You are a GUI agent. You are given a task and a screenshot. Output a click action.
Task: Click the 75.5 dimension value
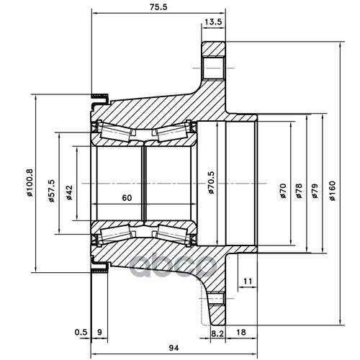[158, 7]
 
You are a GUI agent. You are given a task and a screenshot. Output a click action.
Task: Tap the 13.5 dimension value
[213, 22]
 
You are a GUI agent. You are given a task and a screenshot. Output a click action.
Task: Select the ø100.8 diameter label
[30, 183]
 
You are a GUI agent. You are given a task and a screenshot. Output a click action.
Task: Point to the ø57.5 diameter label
[51, 191]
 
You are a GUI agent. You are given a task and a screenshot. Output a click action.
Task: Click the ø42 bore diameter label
[69, 192]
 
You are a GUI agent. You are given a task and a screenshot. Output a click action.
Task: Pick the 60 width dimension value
[127, 198]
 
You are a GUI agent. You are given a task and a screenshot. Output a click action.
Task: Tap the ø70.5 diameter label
[211, 183]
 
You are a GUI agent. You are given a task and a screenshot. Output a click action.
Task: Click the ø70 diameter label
[284, 191]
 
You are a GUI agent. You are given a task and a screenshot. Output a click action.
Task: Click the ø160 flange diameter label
[333, 191]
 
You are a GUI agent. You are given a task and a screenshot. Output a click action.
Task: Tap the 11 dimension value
[248, 281]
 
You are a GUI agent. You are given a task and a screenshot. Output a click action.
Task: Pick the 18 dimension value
[241, 333]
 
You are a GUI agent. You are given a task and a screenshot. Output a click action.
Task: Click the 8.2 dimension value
[218, 333]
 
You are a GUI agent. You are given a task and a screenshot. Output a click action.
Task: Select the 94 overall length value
[174, 348]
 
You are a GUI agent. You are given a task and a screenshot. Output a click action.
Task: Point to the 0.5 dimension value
[81, 333]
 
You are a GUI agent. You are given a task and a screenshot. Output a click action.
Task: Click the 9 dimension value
[100, 333]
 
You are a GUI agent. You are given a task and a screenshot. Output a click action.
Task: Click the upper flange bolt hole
[214, 68]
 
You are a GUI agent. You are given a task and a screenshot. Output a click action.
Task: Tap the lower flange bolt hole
[217, 298]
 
